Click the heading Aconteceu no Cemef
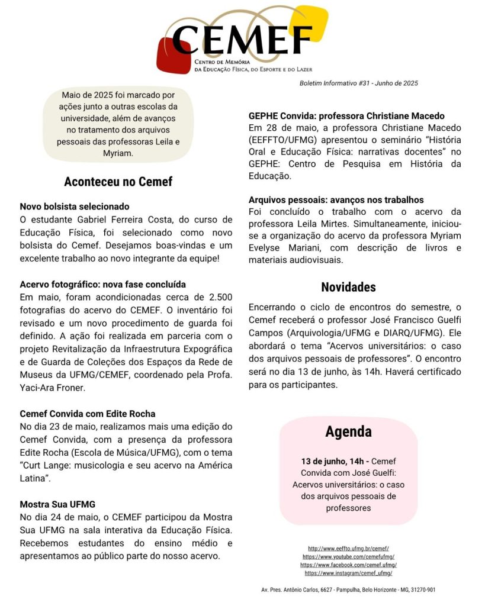coord(118,181)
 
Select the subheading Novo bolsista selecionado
coord(75,207)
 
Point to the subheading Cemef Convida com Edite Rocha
coord(88,414)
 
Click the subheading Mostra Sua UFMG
coord(57,504)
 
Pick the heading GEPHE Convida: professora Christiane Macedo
coord(346,116)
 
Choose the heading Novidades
coord(348,287)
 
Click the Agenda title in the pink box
coord(348,431)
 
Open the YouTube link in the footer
coord(348,557)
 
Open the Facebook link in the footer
coord(348,565)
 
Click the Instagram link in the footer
coord(348,573)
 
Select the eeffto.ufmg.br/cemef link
coord(348,549)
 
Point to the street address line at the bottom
coord(348,590)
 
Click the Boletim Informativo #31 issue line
coord(359,83)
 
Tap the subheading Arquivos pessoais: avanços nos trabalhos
coord(336,200)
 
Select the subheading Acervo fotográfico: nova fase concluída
coord(103,285)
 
